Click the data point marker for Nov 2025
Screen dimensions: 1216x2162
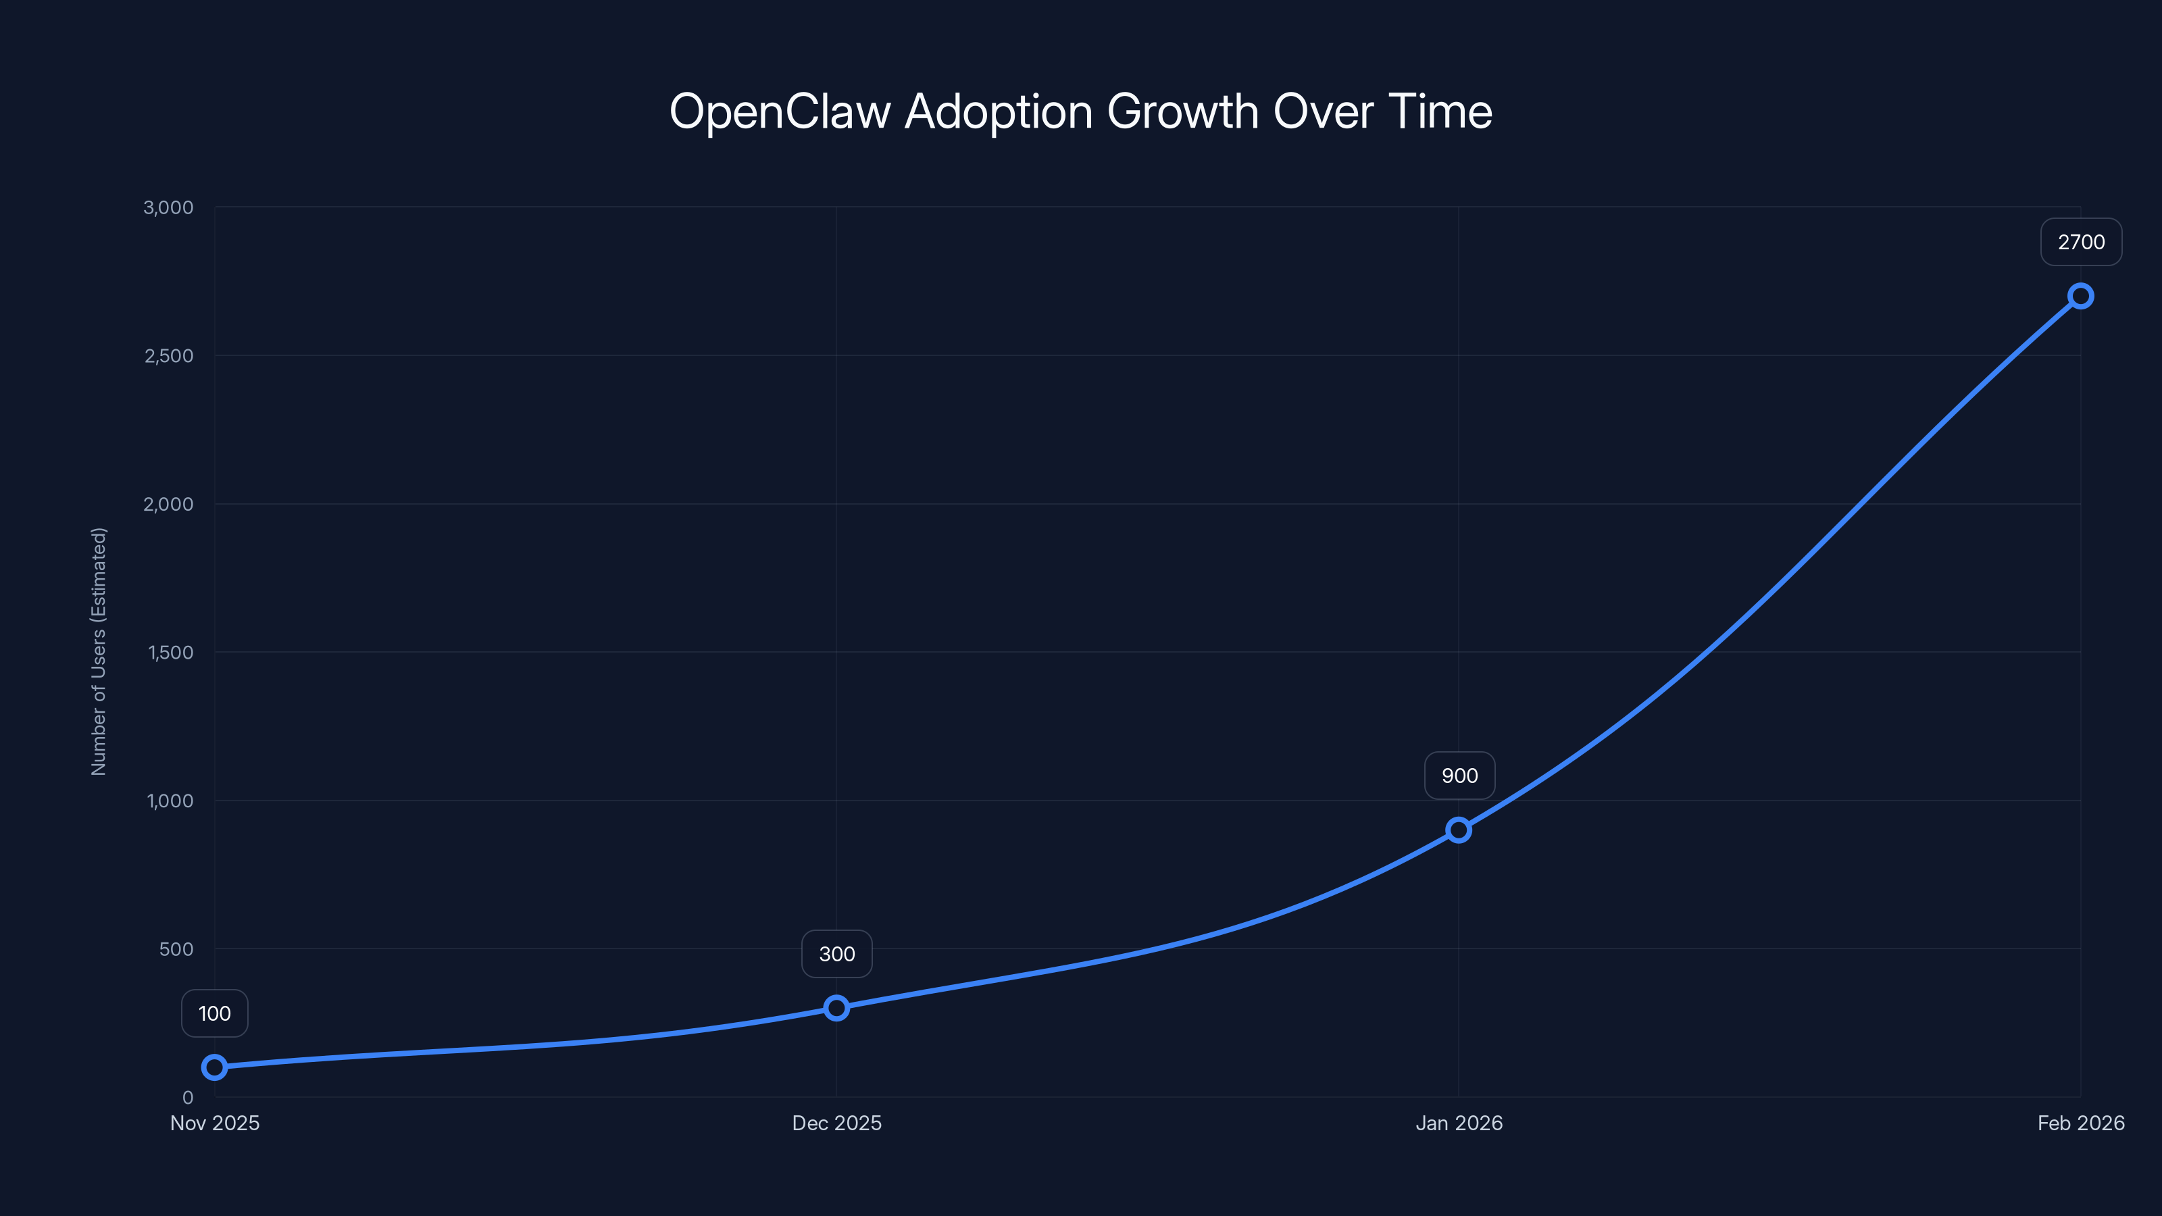pyautogui.click(x=214, y=1067)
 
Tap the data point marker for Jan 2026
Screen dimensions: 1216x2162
pyautogui.click(x=1459, y=830)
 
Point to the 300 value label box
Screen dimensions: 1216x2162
pyautogui.click(x=837, y=953)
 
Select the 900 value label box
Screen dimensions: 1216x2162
pyautogui.click(x=1459, y=776)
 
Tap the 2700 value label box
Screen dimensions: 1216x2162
pyautogui.click(x=2081, y=242)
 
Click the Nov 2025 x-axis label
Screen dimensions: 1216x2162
pyautogui.click(x=215, y=1123)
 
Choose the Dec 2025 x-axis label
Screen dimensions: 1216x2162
pyautogui.click(x=837, y=1123)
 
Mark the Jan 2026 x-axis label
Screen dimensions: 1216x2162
pyautogui.click(x=1459, y=1123)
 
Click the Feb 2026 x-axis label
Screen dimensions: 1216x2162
pyautogui.click(x=2081, y=1123)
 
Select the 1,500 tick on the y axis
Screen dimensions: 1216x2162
pyautogui.click(x=170, y=652)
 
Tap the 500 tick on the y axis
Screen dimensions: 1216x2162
pyautogui.click(x=176, y=948)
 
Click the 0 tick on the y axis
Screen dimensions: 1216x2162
pyautogui.click(x=188, y=1097)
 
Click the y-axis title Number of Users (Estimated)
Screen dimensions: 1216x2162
pyautogui.click(x=99, y=651)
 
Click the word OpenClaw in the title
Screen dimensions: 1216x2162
pyautogui.click(x=780, y=111)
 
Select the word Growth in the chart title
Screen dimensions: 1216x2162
pyautogui.click(x=1182, y=111)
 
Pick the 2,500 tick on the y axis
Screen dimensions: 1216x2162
pyautogui.click(x=169, y=356)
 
